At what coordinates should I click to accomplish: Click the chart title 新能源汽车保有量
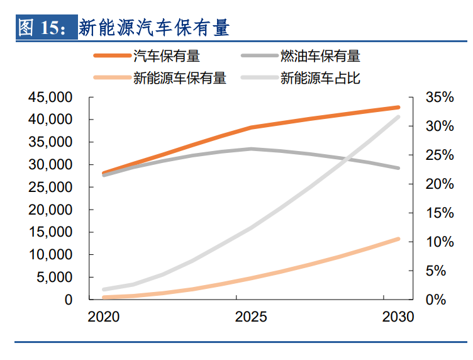154,28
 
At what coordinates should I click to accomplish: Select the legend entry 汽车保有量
167,56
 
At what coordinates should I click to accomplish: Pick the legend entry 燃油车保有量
320,56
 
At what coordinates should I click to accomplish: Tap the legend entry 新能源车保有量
179,78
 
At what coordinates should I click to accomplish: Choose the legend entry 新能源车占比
320,78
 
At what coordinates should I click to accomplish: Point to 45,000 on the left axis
51,98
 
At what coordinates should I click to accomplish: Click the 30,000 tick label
51,165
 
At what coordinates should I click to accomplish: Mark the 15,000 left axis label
51,232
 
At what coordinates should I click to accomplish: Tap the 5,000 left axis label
55,278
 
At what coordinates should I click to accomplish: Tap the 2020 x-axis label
104,317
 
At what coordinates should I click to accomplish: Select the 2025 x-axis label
251,317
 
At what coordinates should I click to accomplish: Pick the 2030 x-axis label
398,317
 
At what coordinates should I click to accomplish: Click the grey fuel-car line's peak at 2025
251,149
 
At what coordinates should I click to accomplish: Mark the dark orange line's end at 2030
398,108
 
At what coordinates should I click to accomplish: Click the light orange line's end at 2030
398,239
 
